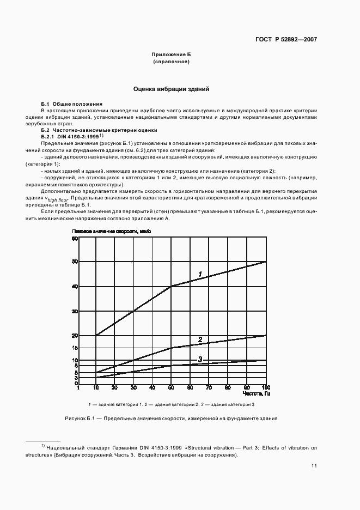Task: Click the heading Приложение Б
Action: tap(171, 55)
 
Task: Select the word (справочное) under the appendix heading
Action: tap(171, 63)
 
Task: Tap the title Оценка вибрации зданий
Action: tap(172, 88)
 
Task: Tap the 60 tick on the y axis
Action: tap(75, 238)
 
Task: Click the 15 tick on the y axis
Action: tap(75, 348)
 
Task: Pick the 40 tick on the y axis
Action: tap(75, 287)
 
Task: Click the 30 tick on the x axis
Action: tap(133, 388)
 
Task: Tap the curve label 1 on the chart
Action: tap(200, 274)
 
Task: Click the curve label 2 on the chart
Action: tap(200, 340)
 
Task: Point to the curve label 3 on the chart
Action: tap(200, 359)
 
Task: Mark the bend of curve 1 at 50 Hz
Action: tap(172, 286)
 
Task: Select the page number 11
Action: tap(314, 466)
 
